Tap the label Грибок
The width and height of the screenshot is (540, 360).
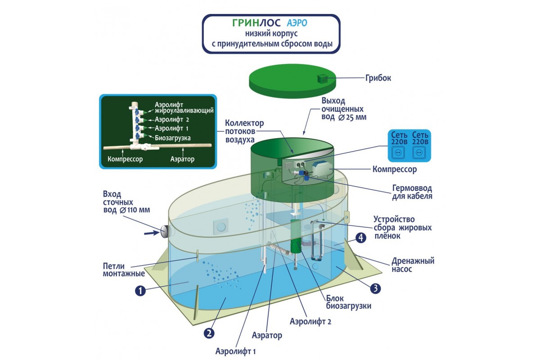tap(378, 78)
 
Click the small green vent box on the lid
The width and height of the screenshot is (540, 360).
tap(323, 79)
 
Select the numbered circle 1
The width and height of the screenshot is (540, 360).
tap(141, 291)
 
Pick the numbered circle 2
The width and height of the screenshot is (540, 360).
tap(208, 333)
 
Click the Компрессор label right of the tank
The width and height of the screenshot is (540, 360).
tap(395, 170)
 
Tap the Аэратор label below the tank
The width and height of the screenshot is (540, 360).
tap(267, 335)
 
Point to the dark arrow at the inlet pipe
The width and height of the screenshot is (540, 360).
tap(150, 233)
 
